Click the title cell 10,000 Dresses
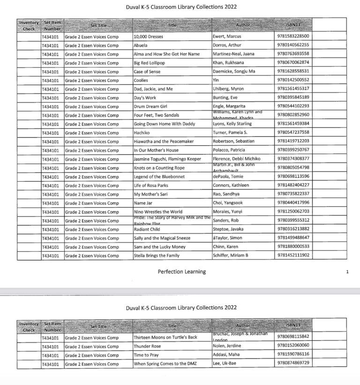146,37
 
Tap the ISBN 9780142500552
293,80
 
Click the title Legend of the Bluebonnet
159,177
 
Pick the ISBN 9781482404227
293,185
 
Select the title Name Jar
143,203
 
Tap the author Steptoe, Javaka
230,229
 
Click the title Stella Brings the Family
158,256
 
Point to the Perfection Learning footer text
181,272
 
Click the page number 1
347,272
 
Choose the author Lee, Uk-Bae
225,363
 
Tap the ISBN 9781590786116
293,355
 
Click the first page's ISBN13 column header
293,25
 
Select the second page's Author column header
243,326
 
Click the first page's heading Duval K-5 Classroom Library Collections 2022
181,7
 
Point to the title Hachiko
142,133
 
